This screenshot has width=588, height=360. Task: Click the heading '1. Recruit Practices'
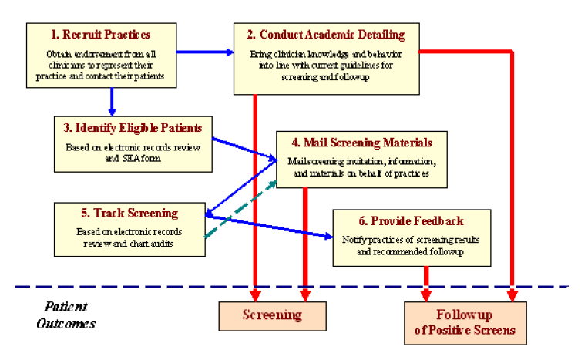(x=99, y=35)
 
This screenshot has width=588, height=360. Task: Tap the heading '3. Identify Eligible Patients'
(x=133, y=126)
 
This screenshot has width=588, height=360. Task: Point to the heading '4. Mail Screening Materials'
(x=362, y=143)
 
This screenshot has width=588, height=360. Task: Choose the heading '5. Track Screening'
(x=130, y=213)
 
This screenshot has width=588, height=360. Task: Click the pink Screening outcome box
(x=272, y=315)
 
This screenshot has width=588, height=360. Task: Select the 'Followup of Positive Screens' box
(x=465, y=322)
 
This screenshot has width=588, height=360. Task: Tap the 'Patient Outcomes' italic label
(x=66, y=315)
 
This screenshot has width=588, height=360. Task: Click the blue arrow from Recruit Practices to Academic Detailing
(x=204, y=52)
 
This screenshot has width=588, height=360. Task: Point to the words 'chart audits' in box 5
(x=157, y=242)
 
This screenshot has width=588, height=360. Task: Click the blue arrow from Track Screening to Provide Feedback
(x=270, y=227)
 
